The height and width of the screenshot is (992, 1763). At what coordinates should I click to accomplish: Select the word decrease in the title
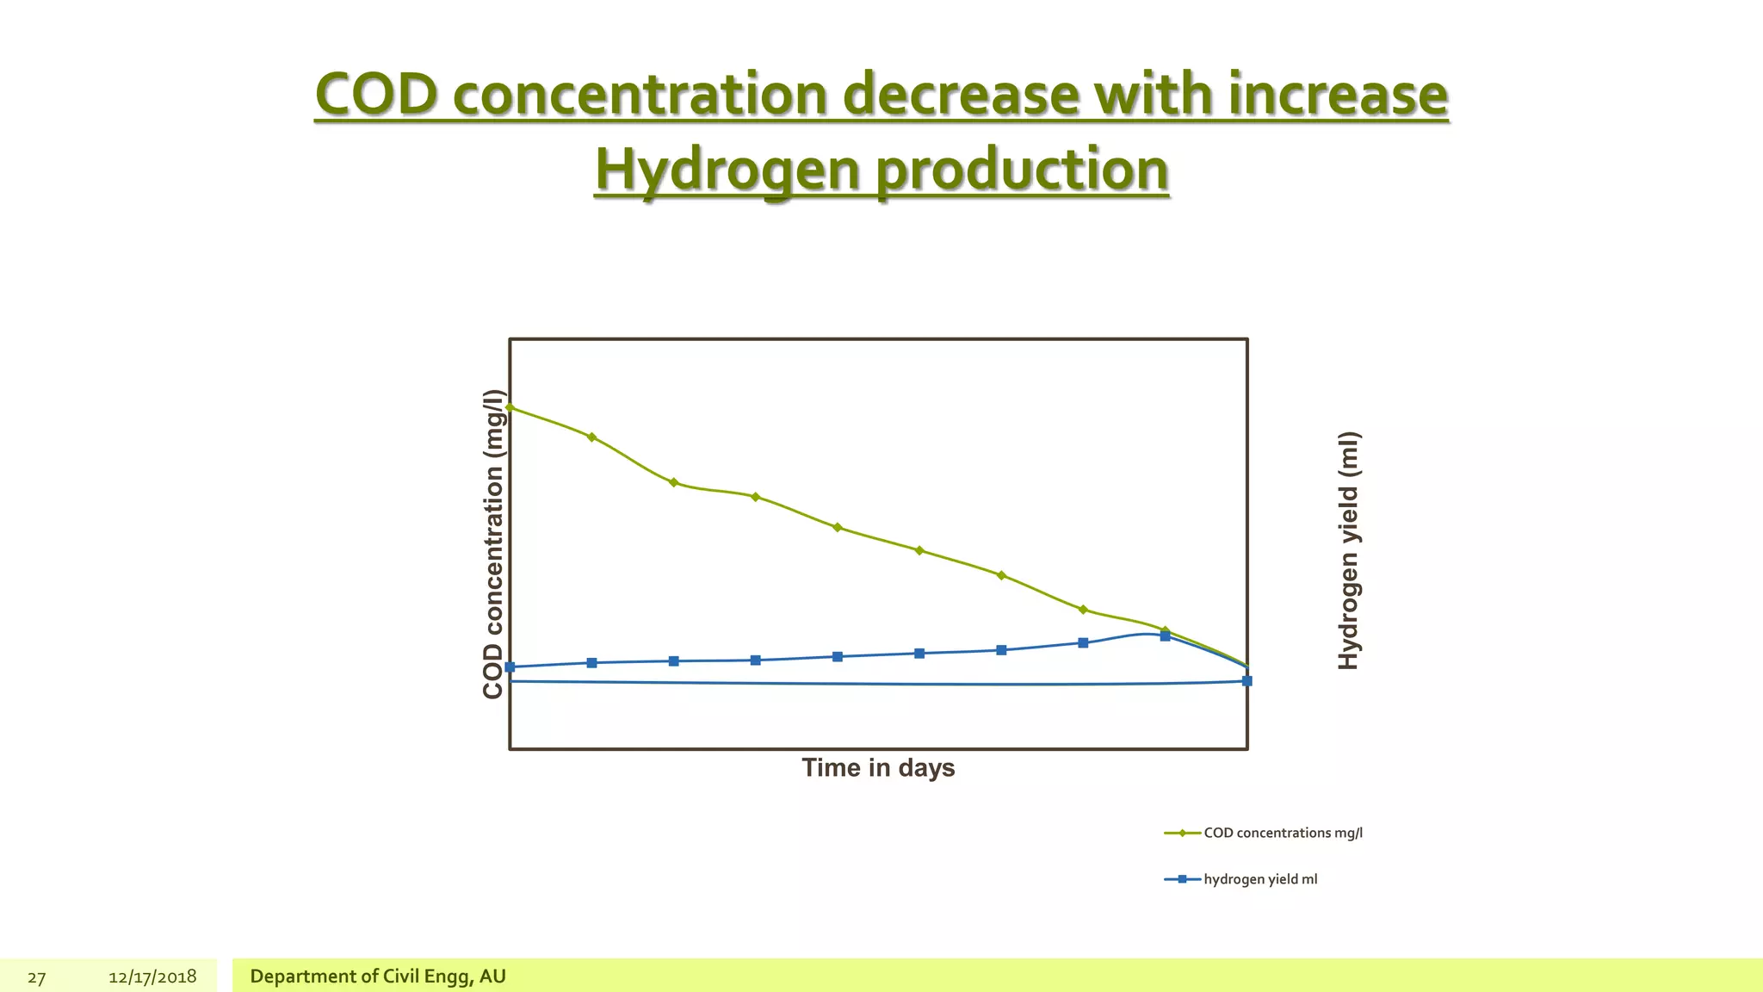960,95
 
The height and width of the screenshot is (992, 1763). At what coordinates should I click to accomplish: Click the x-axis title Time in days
878,767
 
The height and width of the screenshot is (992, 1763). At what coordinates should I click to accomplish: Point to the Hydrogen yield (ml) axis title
1348,550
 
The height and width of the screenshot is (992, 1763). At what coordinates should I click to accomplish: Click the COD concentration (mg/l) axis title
492,543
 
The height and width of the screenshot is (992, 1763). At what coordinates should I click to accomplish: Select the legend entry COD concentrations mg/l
1282,833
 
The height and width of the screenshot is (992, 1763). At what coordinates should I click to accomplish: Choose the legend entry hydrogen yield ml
1259,879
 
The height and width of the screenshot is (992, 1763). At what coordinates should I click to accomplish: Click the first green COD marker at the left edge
510,407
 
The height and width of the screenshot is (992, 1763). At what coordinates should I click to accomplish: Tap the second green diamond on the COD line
591,437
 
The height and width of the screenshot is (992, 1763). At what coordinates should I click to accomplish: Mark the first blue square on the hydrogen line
510,666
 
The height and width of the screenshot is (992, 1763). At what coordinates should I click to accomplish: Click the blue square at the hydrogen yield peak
1165,636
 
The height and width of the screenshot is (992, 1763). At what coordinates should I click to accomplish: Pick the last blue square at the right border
1246,681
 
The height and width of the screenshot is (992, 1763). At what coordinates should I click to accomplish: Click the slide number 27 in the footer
36,977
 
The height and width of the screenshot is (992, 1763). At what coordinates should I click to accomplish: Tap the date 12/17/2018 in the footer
152,976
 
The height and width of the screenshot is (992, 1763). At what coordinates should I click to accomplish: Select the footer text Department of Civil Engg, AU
377,976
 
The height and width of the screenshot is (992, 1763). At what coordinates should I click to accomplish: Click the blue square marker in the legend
1182,879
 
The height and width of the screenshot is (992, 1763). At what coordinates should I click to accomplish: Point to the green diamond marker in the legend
1182,833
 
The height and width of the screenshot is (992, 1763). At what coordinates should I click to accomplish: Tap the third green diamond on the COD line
673,482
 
